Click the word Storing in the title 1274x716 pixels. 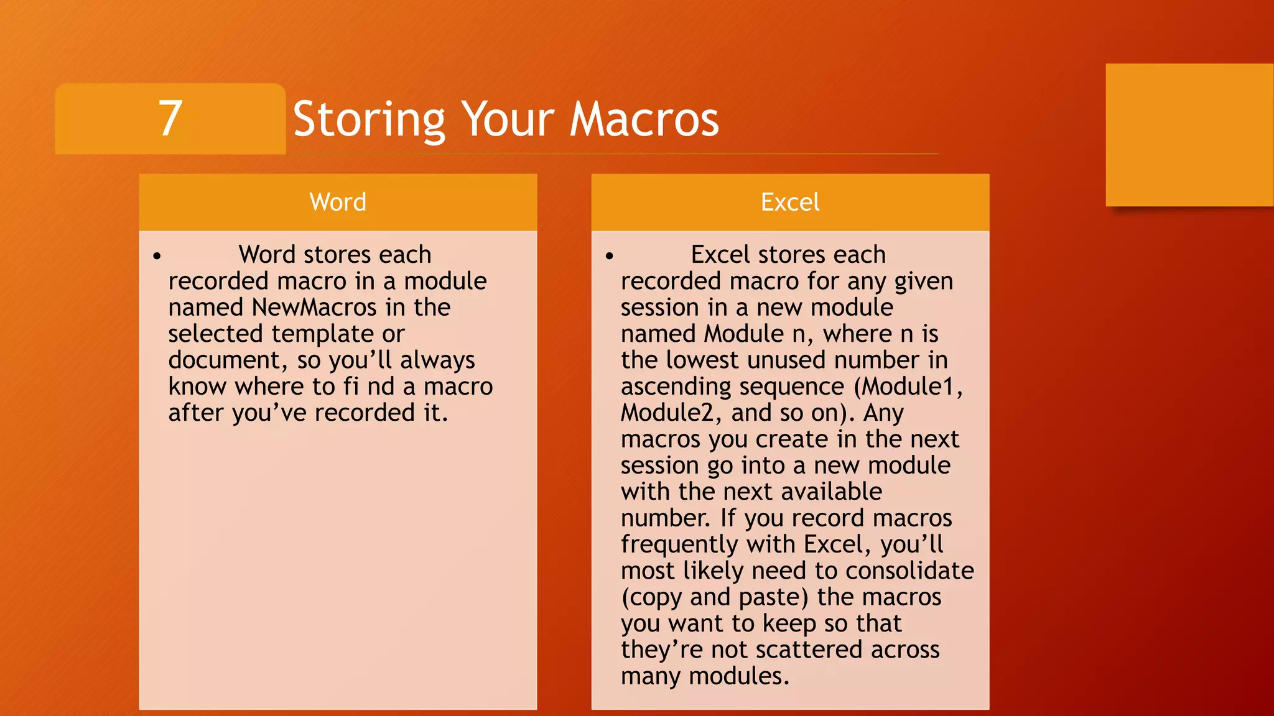(369, 120)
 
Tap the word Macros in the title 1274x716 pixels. (644, 119)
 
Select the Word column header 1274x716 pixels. (338, 202)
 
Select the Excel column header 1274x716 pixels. (790, 202)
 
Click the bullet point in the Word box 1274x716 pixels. (157, 255)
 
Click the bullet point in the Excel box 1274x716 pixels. (609, 255)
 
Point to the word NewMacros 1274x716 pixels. (314, 307)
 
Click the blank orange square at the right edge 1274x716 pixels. (1189, 135)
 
